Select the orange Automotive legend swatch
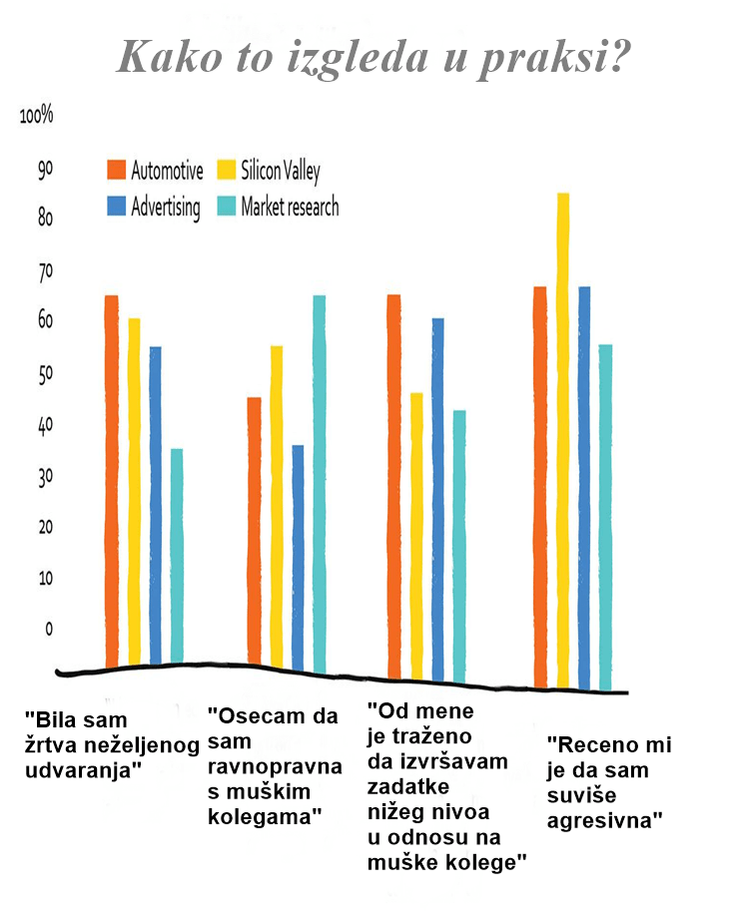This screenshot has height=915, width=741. tap(116, 170)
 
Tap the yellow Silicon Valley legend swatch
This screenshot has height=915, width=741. tap(225, 170)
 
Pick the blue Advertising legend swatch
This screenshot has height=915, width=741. tap(116, 207)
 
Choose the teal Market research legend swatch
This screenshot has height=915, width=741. tap(225, 207)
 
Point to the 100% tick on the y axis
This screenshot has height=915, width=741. tap(36, 116)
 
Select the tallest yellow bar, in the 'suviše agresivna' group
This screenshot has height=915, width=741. tap(562, 439)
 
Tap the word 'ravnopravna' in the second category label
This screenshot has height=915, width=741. tap(273, 767)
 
